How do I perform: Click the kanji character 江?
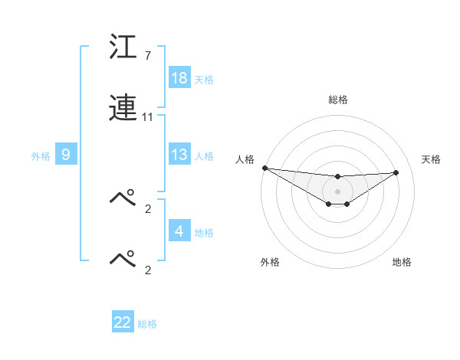[123, 48]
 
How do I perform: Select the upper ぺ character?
[123, 198]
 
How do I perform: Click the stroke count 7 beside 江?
[147, 56]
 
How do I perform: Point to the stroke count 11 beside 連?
[148, 117]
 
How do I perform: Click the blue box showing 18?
[179, 78]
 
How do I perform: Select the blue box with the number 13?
[179, 155]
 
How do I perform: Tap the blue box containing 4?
[179, 231]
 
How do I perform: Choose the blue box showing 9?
[66, 155]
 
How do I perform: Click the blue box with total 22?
[123, 322]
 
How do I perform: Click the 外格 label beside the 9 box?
[41, 155]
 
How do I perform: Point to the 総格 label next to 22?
[148, 324]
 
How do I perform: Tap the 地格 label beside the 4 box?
[205, 232]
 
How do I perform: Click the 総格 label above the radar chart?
[337, 100]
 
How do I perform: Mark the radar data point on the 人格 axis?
[264, 168]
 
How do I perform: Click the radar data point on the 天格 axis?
[396, 172]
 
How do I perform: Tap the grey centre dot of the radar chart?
[337, 191]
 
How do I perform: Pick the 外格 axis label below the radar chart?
[270, 262]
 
